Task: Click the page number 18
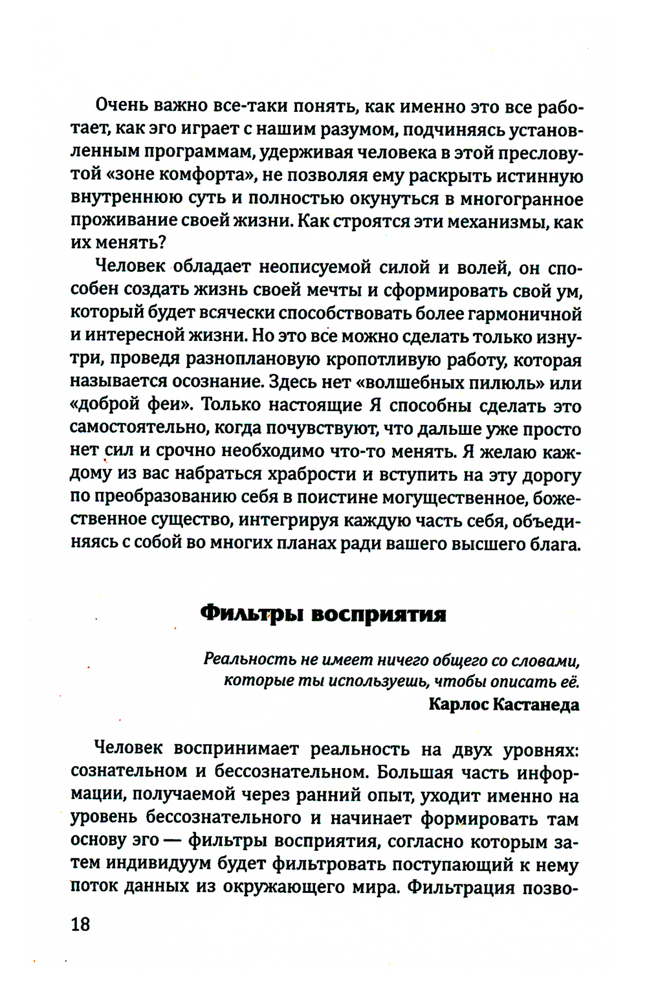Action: click(x=81, y=924)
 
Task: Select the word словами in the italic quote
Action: click(x=543, y=660)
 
